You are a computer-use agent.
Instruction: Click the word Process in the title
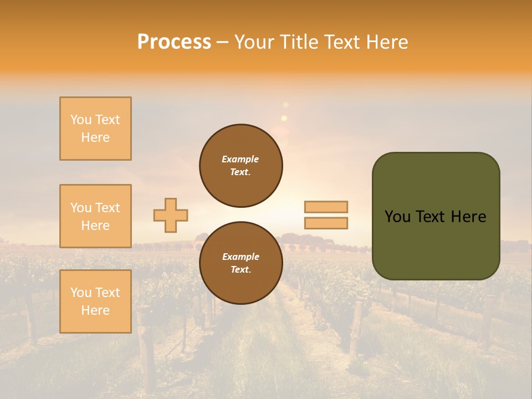pyautogui.click(x=174, y=42)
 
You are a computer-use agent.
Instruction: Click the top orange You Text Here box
pyautogui.click(x=95, y=129)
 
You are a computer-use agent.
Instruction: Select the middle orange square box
pyautogui.click(x=95, y=216)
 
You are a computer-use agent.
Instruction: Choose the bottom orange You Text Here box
pyautogui.click(x=95, y=301)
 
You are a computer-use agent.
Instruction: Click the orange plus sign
pyautogui.click(x=171, y=215)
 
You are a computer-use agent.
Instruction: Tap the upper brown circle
pyautogui.click(x=241, y=166)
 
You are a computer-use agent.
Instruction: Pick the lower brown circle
pyautogui.click(x=241, y=263)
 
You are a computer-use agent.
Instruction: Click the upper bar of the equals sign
pyautogui.click(x=326, y=207)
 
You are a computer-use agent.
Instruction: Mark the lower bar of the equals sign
pyautogui.click(x=326, y=223)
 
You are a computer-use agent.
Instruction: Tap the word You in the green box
pyautogui.click(x=397, y=217)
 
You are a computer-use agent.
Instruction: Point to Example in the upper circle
pyautogui.click(x=241, y=159)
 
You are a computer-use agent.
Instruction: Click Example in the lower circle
pyautogui.click(x=241, y=257)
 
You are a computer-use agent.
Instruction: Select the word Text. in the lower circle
pyautogui.click(x=241, y=270)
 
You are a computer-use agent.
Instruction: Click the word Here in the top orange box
pyautogui.click(x=95, y=137)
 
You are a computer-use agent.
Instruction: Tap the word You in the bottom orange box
pyautogui.click(x=81, y=293)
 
